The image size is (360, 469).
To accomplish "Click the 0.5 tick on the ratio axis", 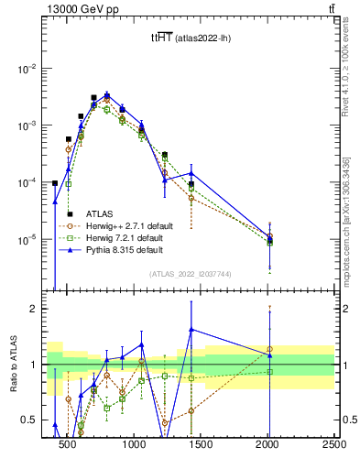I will click(x=33, y=420).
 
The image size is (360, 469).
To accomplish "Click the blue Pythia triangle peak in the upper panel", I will click(x=107, y=94).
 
